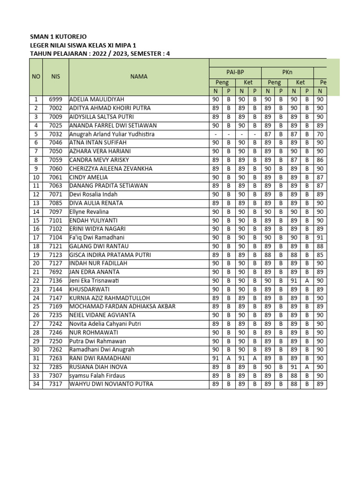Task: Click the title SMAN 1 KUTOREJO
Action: point(58,37)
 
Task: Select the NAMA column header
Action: point(139,76)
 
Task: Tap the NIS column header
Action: point(56,76)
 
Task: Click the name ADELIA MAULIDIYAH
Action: point(97,99)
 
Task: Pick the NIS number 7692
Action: point(56,272)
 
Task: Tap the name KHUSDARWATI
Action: point(90,289)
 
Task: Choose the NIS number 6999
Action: point(56,99)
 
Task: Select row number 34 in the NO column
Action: point(36,384)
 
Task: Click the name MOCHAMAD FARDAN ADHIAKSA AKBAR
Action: point(122,307)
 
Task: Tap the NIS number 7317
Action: point(56,384)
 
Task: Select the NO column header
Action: point(36,76)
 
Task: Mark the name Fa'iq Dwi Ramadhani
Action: point(97,238)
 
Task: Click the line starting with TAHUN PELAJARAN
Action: point(100,53)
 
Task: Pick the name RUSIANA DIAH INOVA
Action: point(97,367)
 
